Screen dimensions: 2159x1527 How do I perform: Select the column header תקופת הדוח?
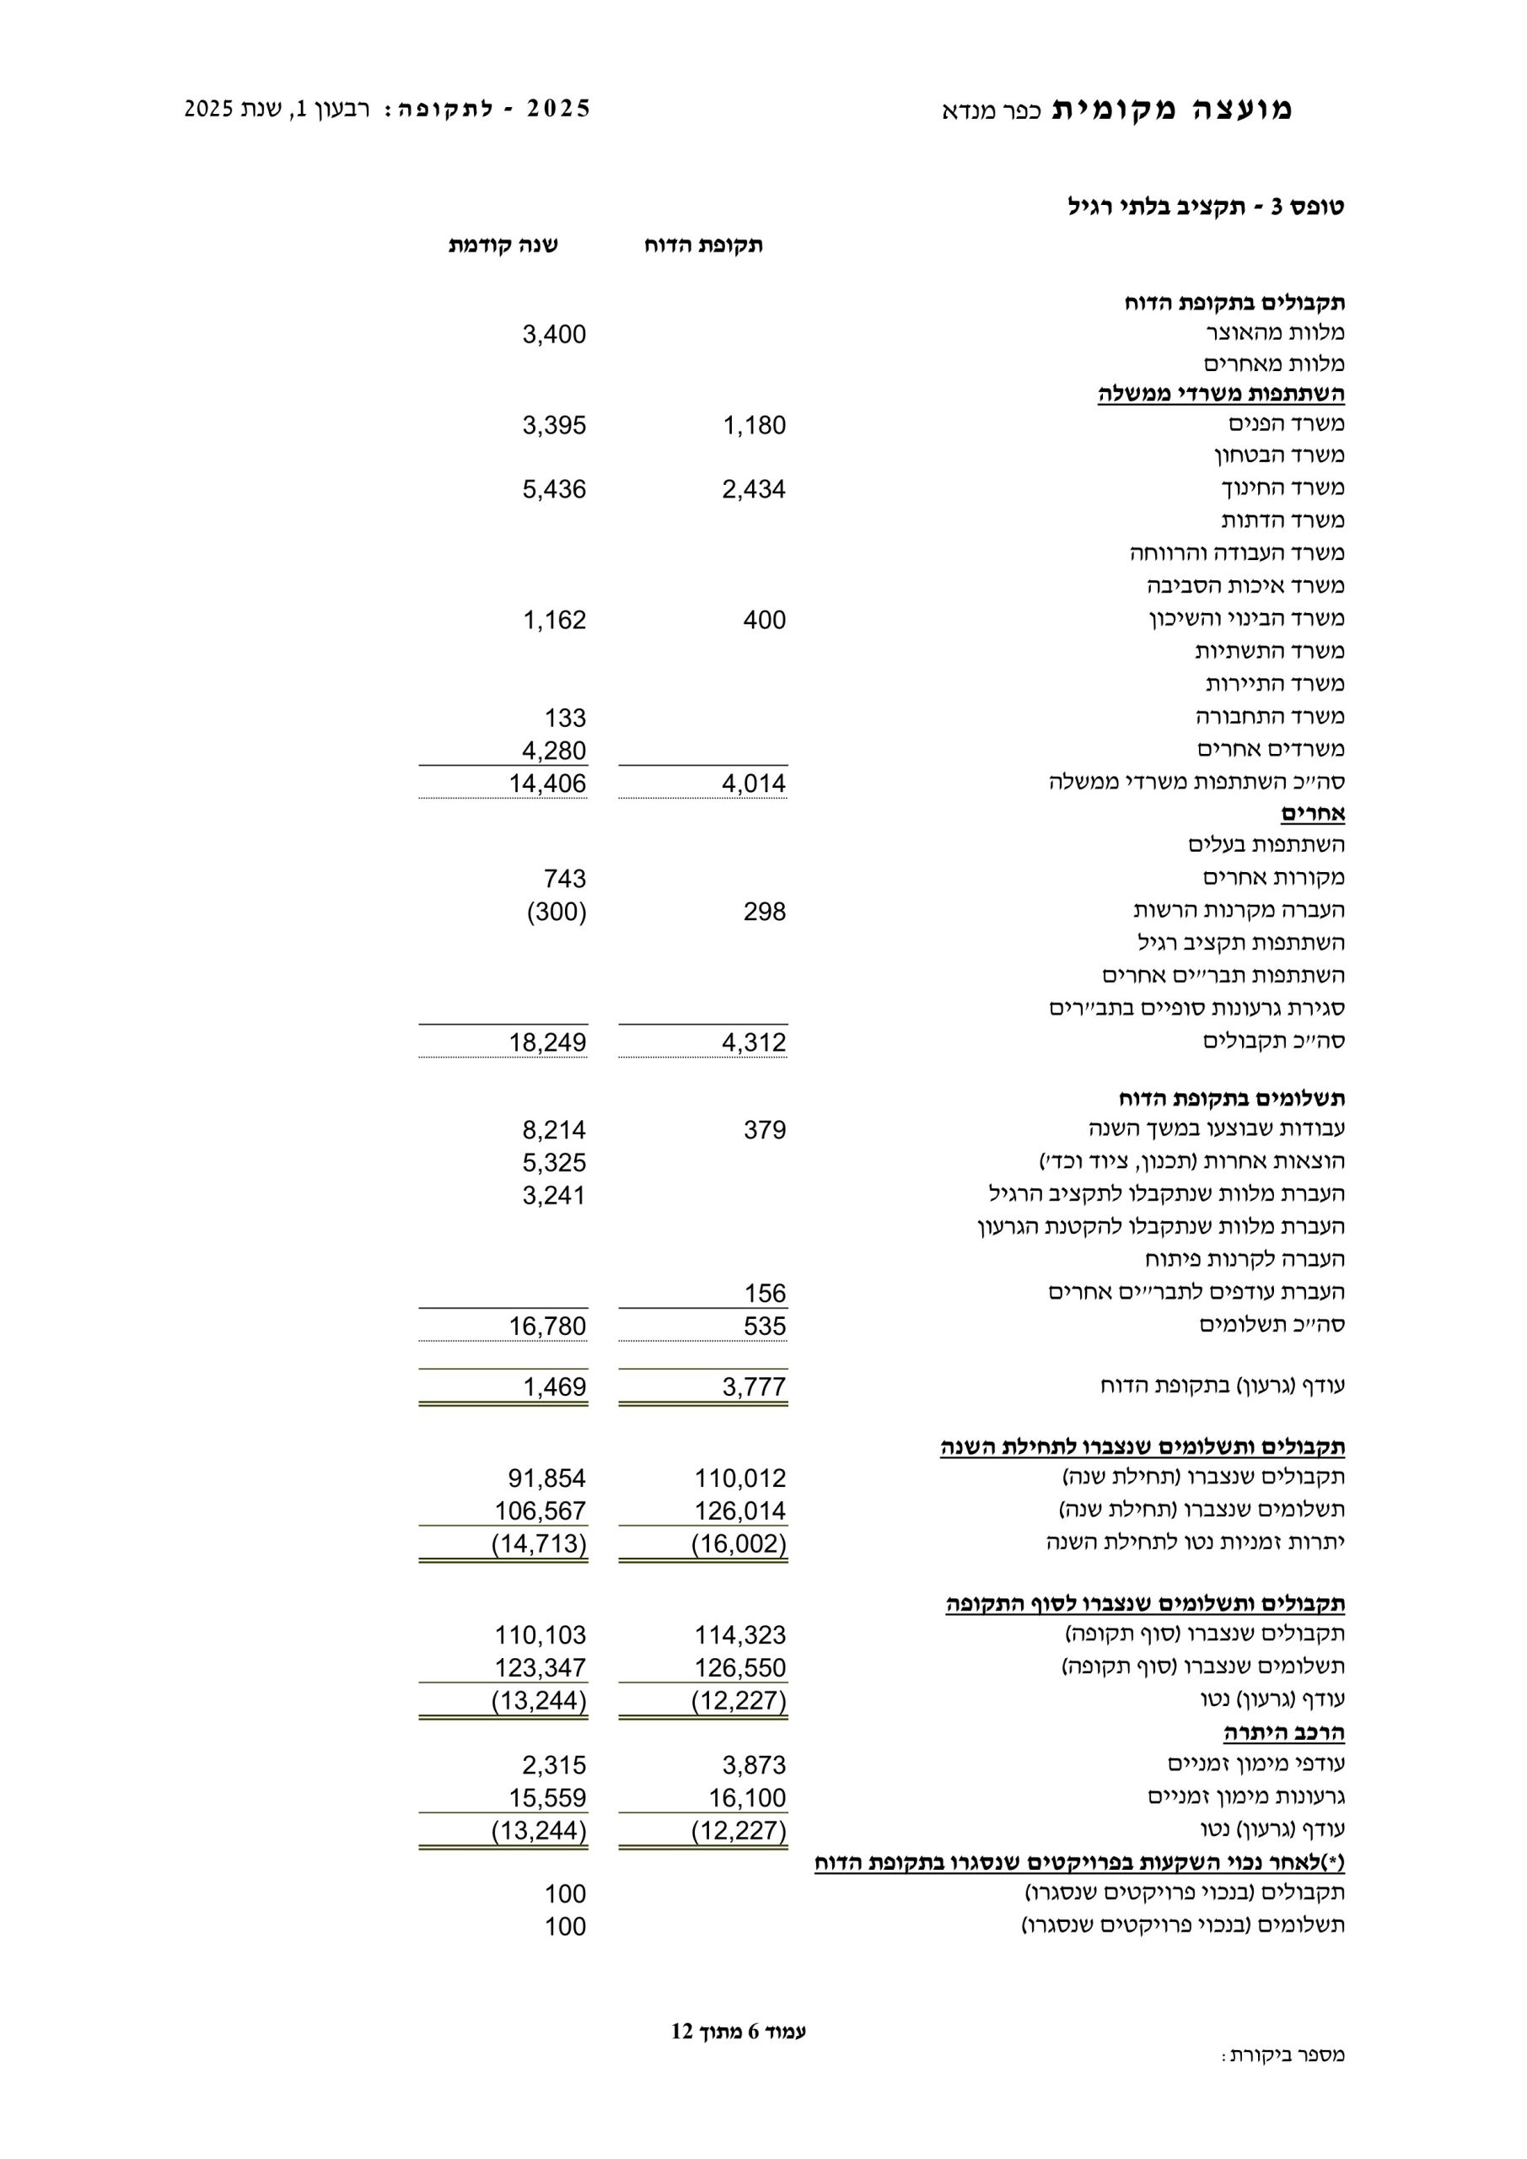click(703, 245)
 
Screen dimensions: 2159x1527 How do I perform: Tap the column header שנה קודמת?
click(503, 245)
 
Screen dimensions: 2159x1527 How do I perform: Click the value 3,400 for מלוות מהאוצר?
click(554, 335)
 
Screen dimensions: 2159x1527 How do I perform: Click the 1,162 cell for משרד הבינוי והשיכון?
click(554, 621)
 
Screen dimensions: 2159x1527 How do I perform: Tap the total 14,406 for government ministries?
click(547, 784)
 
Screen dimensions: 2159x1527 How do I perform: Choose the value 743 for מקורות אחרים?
click(564, 880)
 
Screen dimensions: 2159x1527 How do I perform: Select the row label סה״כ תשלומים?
click(1272, 1325)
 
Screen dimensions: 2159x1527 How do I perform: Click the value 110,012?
click(740, 1479)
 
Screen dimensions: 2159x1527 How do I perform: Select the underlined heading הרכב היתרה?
click(1283, 1732)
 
